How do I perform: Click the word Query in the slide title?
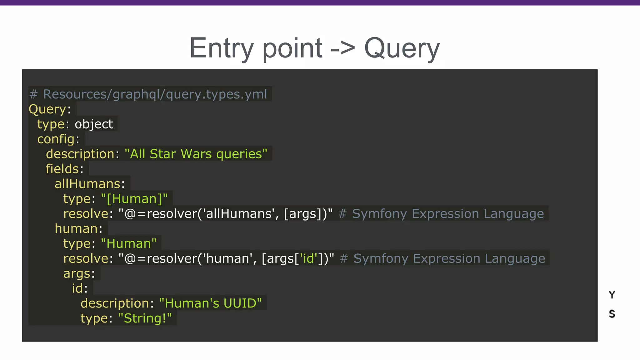402,48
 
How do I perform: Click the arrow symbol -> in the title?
343,48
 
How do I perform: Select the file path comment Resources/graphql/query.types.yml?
155,94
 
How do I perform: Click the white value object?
94,124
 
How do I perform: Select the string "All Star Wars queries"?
196,154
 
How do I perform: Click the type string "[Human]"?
134,199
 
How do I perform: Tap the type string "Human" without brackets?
129,243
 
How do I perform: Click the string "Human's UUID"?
210,303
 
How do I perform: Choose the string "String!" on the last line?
145,318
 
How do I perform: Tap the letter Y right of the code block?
612,295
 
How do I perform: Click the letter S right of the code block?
612,314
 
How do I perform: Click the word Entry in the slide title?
221,48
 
